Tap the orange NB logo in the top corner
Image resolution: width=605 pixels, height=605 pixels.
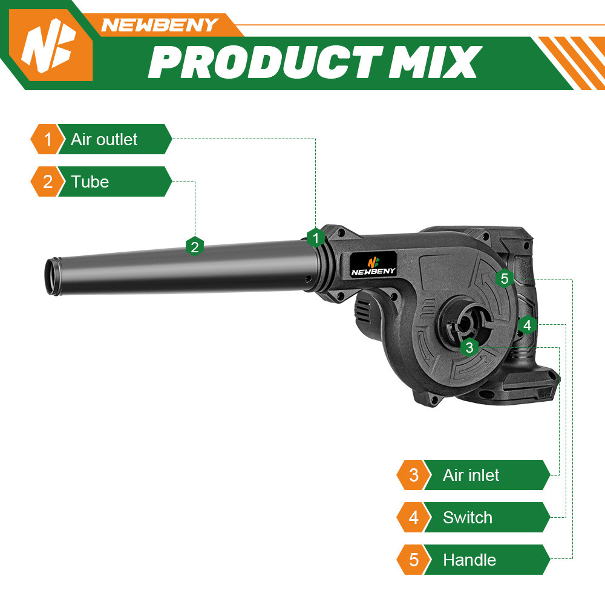point(51,45)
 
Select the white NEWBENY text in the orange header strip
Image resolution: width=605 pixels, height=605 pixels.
point(159,25)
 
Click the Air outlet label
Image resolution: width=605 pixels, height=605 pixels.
point(104,139)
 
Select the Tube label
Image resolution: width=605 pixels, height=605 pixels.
point(90,181)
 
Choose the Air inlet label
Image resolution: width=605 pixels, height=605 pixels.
point(471,475)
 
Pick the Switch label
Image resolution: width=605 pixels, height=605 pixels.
point(467,517)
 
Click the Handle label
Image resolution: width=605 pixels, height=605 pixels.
point(469,560)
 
